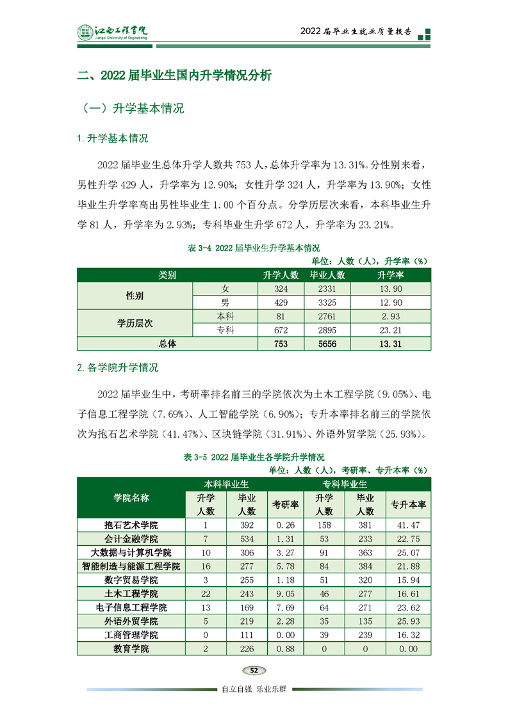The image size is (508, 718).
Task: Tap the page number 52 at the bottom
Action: click(254, 670)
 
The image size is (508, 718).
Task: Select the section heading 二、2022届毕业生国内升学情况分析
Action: click(174, 76)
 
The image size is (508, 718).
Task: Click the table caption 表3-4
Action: click(254, 247)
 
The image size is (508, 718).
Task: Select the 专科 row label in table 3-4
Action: click(225, 330)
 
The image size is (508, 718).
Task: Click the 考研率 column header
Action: click(285, 504)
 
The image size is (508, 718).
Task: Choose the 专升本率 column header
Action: click(408, 504)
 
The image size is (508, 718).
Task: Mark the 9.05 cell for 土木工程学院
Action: click(285, 594)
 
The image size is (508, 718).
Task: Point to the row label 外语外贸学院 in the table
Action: click(131, 621)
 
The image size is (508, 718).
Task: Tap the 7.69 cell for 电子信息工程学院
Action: click(285, 607)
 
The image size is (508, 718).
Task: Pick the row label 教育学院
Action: click(131, 649)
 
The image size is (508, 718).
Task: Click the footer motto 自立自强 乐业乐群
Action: click(254, 689)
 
